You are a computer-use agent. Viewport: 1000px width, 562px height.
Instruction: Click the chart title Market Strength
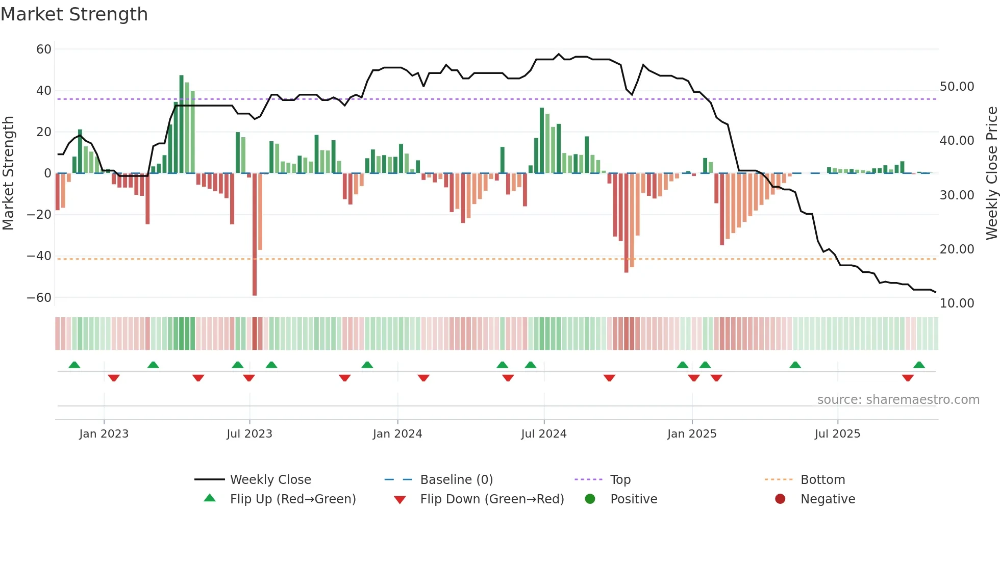tap(74, 14)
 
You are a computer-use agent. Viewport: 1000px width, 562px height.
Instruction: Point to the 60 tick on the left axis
tap(44, 49)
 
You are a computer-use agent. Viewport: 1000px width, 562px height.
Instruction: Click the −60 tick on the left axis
tap(39, 297)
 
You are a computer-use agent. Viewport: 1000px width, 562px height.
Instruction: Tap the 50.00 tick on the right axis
tap(957, 87)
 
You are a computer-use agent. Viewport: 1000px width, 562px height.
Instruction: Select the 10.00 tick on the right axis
tap(957, 303)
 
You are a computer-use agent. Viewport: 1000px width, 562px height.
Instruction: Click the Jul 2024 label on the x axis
tap(543, 434)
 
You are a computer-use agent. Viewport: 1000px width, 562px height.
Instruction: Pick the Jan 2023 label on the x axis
tap(104, 434)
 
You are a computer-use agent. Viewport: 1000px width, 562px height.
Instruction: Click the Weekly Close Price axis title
tap(991, 173)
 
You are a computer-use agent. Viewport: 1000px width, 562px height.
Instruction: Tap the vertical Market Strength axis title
tap(8, 173)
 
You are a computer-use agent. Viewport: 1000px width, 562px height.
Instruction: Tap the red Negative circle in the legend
tap(780, 499)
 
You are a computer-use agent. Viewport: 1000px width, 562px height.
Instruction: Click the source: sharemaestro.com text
tap(898, 400)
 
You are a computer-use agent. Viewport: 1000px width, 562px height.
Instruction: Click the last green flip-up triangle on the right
tap(919, 365)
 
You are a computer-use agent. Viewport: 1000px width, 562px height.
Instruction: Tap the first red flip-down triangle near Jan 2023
tap(114, 378)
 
